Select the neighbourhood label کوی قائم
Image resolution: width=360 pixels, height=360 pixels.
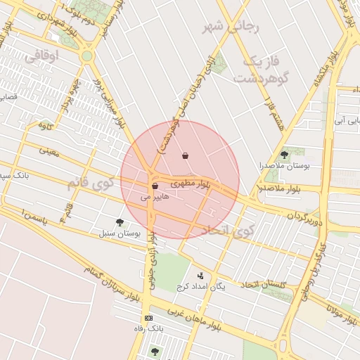tap(91, 184)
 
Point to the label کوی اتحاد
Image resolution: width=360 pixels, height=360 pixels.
tap(226, 231)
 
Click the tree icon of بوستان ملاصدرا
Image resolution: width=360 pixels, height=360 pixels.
tap(284, 154)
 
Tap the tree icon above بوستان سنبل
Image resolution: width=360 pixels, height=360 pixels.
tap(120, 222)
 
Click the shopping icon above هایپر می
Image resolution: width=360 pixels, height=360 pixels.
tap(155, 186)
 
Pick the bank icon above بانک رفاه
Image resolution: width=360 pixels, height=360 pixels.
tap(148, 319)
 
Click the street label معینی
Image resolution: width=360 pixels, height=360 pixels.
tap(49, 150)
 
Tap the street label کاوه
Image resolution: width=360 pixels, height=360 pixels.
tap(46, 126)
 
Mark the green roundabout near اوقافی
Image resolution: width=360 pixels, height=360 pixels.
tap(86, 56)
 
